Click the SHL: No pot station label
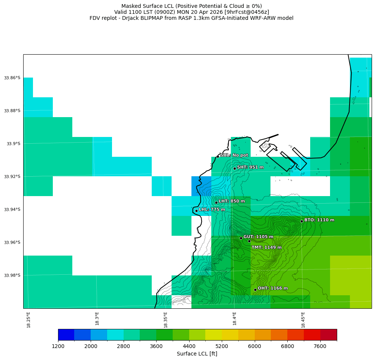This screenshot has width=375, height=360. tap(234, 155)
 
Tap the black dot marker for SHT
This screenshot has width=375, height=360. tap(235, 168)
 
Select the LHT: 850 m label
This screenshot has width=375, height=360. tap(232, 201)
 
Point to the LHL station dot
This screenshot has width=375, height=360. tap(196, 211)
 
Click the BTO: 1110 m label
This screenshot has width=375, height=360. tap(319, 220)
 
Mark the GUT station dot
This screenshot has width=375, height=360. tap(241, 238)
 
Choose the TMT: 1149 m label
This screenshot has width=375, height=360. tap(266, 247)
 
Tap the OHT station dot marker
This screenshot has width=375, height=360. tap(255, 290)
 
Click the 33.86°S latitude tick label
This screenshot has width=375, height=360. tap(12, 78)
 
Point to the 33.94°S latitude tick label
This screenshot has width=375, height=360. tap(12, 210)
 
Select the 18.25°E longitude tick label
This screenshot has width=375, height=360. tap(29, 320)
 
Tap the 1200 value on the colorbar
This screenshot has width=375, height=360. tap(58, 346)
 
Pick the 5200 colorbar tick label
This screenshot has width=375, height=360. tap(222, 346)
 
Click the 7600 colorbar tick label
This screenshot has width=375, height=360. tap(320, 346)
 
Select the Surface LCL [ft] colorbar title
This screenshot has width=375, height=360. tap(197, 354)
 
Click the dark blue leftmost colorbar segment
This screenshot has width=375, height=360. tap(66, 335)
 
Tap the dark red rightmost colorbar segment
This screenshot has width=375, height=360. tap(329, 335)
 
